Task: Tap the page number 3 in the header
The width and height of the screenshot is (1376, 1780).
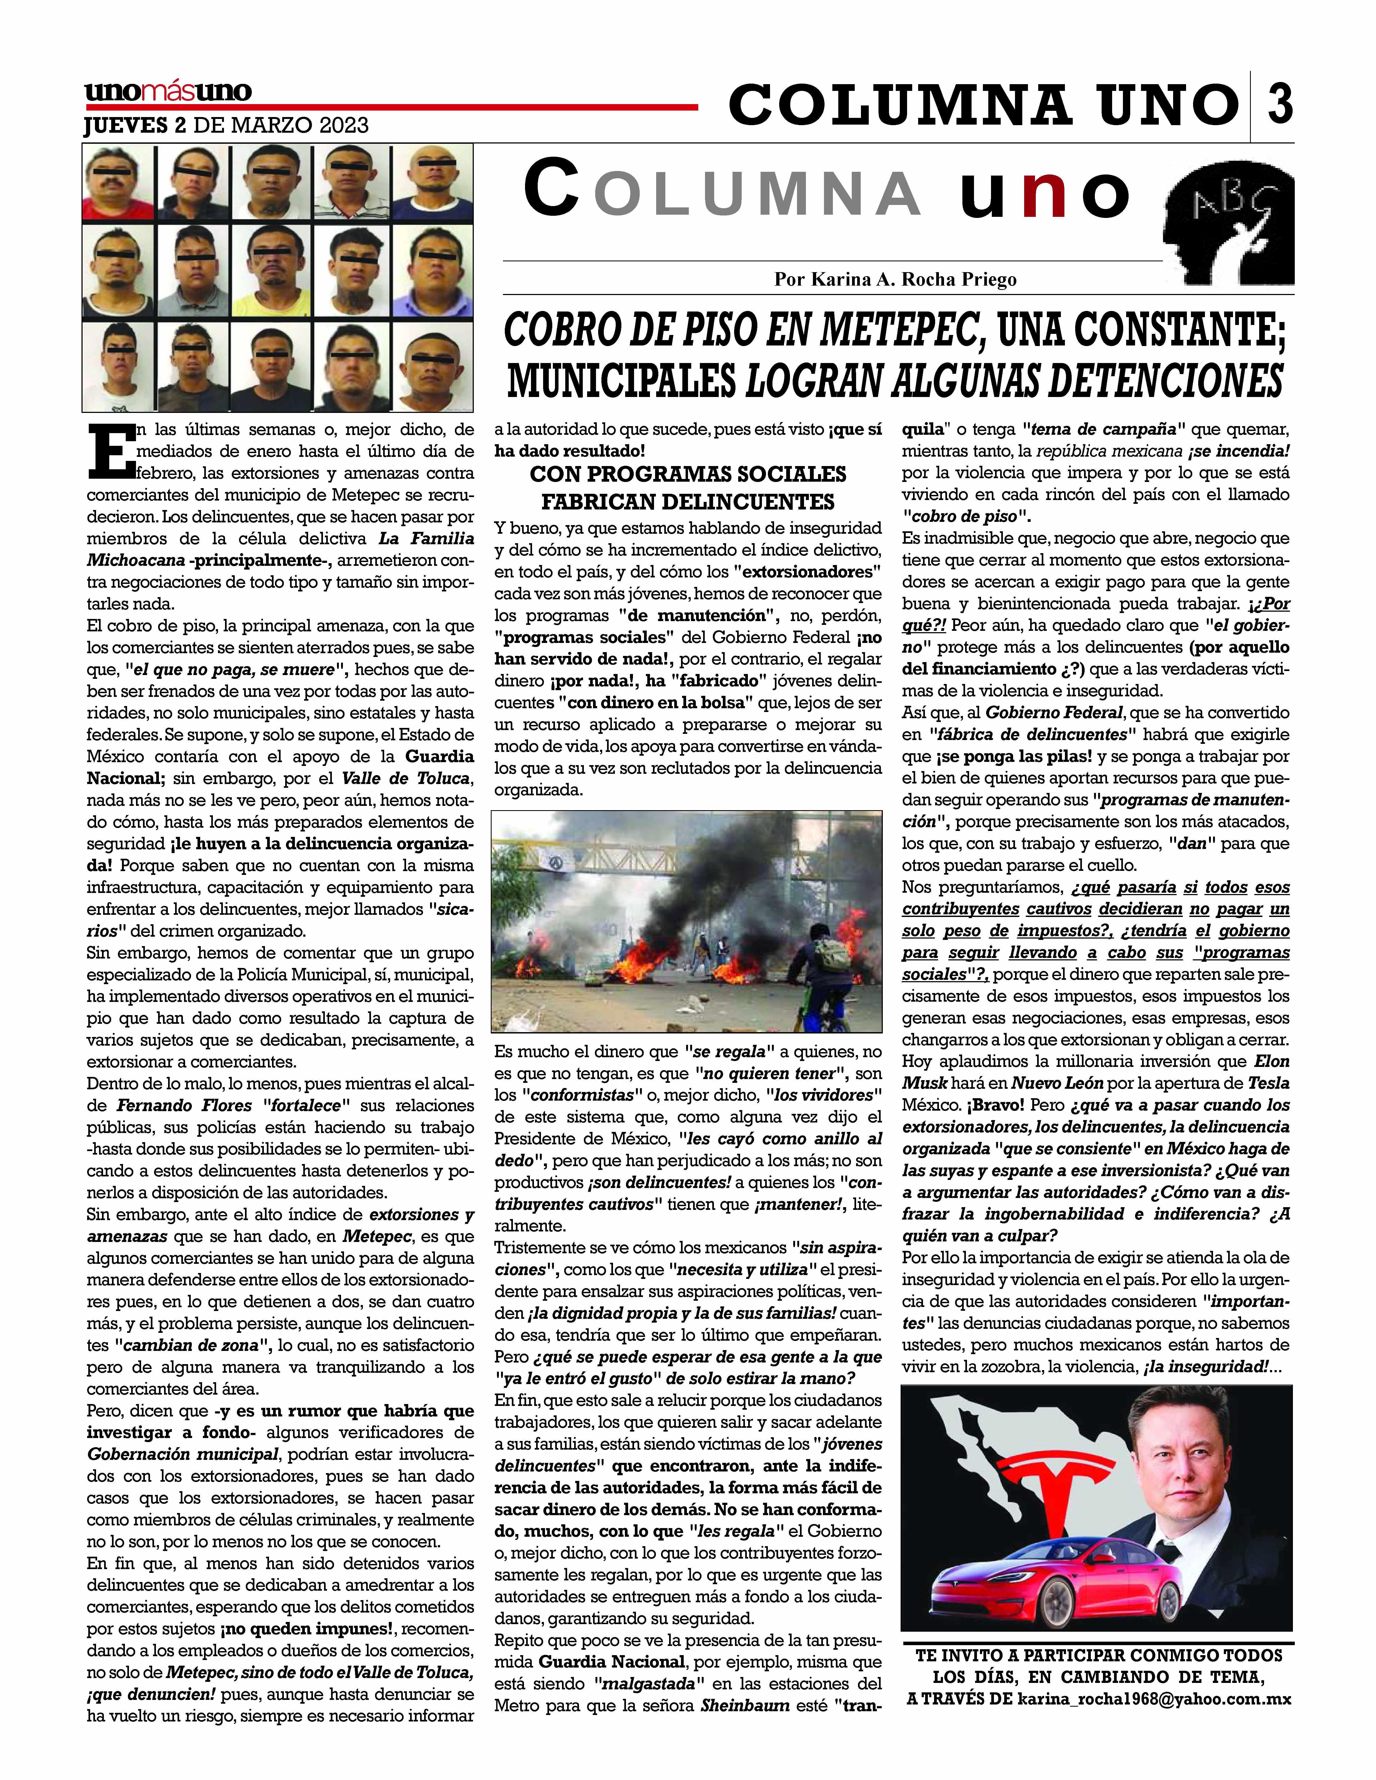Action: point(1280,104)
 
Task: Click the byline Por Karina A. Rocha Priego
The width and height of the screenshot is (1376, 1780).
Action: point(895,280)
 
